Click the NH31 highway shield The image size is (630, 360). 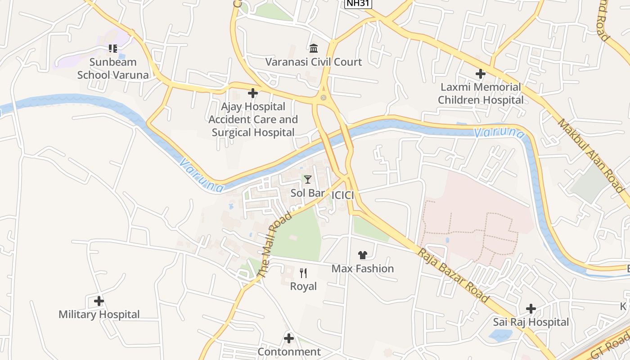coord(358,4)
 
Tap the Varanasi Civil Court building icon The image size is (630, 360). coord(314,48)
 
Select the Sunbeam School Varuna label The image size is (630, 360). coord(113,68)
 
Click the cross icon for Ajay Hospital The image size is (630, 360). coord(253,93)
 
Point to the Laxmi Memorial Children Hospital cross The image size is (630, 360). coord(481,73)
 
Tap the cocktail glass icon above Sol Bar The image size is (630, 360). coord(308,180)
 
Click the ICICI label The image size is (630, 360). coord(342,195)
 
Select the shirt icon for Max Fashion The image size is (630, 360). coord(363,255)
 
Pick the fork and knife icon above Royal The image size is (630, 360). coord(303,273)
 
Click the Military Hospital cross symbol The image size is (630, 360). coord(99,301)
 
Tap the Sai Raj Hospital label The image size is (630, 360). coord(531,322)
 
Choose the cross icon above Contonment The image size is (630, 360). coord(289,338)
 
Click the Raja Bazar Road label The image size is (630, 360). coord(453,275)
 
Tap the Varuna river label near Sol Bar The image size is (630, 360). coord(201,175)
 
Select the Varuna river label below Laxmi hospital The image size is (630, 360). coord(499,133)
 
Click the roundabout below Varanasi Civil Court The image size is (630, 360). coord(323,98)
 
